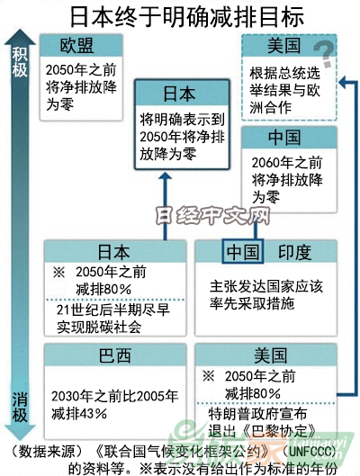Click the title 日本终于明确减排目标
[187, 17]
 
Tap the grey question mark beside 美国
[325, 55]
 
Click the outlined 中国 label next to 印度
[243, 251]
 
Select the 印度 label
[294, 252]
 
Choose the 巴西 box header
[115, 355]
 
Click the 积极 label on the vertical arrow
[20, 62]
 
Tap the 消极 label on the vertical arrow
[20, 407]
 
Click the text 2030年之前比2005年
[114, 396]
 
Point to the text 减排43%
[79, 414]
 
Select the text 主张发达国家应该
[266, 286]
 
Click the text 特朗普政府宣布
[257, 414]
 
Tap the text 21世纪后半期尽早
[112, 310]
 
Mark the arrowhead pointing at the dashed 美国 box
[342, 82]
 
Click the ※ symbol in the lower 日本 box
[58, 273]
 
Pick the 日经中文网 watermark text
[212, 216]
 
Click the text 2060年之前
[287, 163]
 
